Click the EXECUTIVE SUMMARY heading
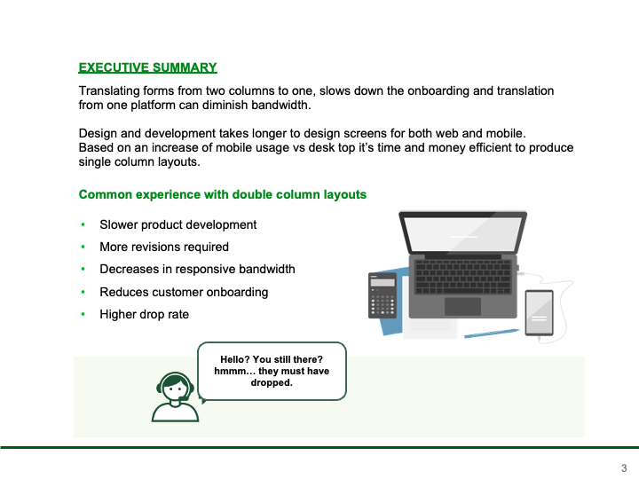pos(147,67)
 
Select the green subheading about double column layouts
pos(223,194)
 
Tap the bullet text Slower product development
pos(178,224)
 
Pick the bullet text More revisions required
pos(164,247)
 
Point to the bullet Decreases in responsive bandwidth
pos(197,270)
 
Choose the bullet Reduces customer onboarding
pos(184,292)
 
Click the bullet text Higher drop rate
pos(145,314)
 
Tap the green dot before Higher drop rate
pos(83,314)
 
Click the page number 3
pos(624,468)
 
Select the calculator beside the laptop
pos(383,295)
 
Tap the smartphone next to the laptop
pos(540,313)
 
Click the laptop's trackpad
pos(462,307)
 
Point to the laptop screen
pos(463,234)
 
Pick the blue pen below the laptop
pos(492,334)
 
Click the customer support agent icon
pos(175,397)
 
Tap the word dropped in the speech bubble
pos(271,383)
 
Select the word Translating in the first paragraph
pos(107,90)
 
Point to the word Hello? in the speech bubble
pos(234,359)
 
